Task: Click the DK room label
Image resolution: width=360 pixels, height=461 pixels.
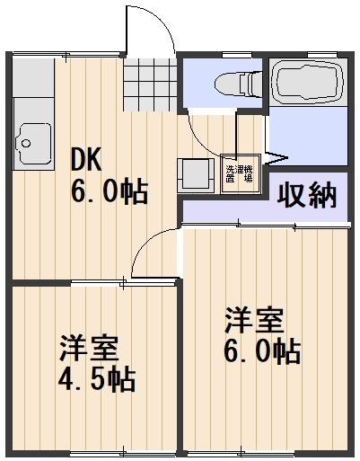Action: coord(88,161)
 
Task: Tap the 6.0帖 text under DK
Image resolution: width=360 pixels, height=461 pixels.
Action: coord(108,193)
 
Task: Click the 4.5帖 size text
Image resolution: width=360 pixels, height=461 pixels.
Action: coord(97,378)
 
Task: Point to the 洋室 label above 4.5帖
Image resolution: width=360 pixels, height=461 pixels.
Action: coord(89,348)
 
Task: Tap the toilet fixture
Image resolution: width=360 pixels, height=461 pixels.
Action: coord(235,83)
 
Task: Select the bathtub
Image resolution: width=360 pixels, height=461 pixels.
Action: coord(308,83)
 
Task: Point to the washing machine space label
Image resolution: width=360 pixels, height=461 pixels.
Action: coord(237,173)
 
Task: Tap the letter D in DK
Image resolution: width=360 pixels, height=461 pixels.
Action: coord(79,161)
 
